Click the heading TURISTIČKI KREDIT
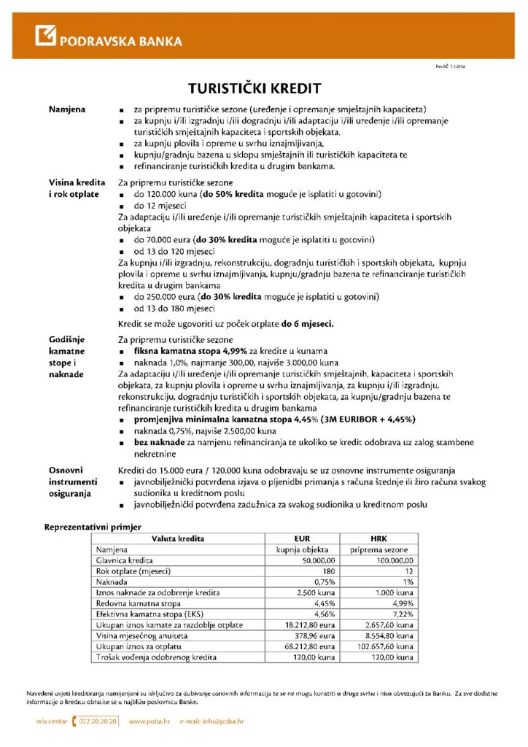tap(255, 88)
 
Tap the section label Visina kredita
tap(77, 182)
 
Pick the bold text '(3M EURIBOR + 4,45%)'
tap(380, 420)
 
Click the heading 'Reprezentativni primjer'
tap(93, 526)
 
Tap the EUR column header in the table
tap(302, 538)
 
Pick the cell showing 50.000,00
tap(315, 560)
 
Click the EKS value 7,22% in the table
tap(403, 614)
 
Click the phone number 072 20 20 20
tap(96, 721)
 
